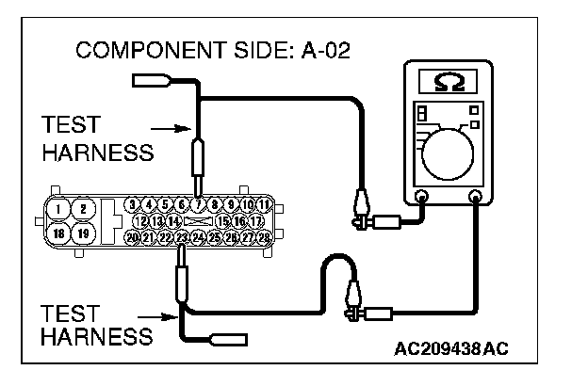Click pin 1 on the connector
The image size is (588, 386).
[x=59, y=209]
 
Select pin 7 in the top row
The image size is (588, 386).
[x=198, y=204]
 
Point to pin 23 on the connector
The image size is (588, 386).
[x=182, y=239]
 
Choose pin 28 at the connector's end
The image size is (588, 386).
[x=264, y=239]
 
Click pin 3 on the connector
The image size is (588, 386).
[x=134, y=204]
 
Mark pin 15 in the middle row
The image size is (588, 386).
[x=222, y=221]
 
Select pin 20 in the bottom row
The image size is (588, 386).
[x=133, y=239]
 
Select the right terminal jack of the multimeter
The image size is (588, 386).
[x=476, y=198]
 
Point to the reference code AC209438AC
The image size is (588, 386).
[x=451, y=349]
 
